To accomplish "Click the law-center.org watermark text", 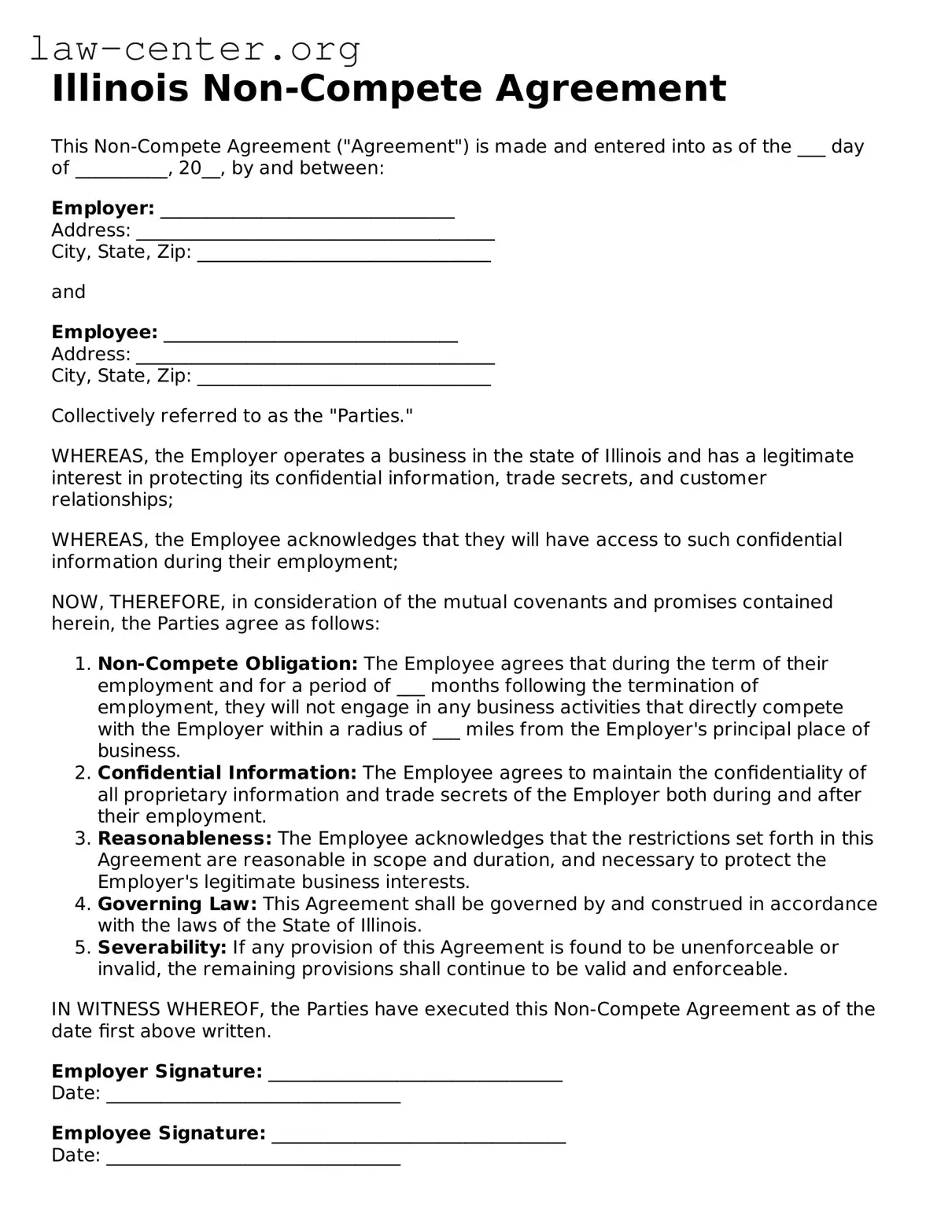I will click(x=195, y=50).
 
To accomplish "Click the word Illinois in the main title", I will click(x=120, y=89).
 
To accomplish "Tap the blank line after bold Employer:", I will click(x=307, y=210).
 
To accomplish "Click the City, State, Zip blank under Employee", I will click(x=344, y=378).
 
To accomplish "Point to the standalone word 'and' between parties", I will click(x=68, y=293).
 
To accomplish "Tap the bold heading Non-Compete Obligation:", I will click(x=227, y=664).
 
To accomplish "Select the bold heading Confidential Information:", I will click(x=227, y=773).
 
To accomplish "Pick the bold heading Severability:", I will click(x=161, y=948).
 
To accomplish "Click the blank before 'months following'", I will click(x=411, y=687).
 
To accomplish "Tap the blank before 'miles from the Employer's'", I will click(x=446, y=731).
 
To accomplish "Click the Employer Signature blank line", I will click(x=415, y=1074).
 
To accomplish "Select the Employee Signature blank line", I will click(x=418, y=1135).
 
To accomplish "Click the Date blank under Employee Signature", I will click(x=253, y=1157).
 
